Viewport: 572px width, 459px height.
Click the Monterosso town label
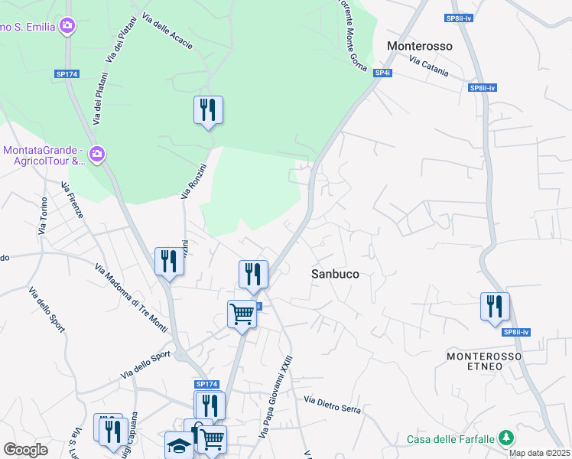pos(420,46)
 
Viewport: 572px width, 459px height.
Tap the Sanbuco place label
pos(335,273)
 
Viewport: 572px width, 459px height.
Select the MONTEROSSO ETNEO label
pos(484,362)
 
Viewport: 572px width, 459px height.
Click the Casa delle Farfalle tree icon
pos(505,438)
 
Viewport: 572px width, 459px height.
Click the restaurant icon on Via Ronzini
pos(208,111)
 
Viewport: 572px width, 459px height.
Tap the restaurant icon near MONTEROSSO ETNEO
pos(495,307)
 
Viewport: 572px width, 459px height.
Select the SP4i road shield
pos(382,73)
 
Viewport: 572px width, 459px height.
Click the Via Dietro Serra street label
pos(332,405)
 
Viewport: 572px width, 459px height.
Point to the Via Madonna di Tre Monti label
pos(131,298)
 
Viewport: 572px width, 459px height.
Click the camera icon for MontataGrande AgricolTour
pos(96,155)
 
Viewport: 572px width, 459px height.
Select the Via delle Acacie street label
pos(166,34)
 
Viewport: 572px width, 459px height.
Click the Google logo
pos(25,449)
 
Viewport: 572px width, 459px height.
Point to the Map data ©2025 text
pos(539,453)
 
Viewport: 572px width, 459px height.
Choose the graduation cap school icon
pos(179,445)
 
